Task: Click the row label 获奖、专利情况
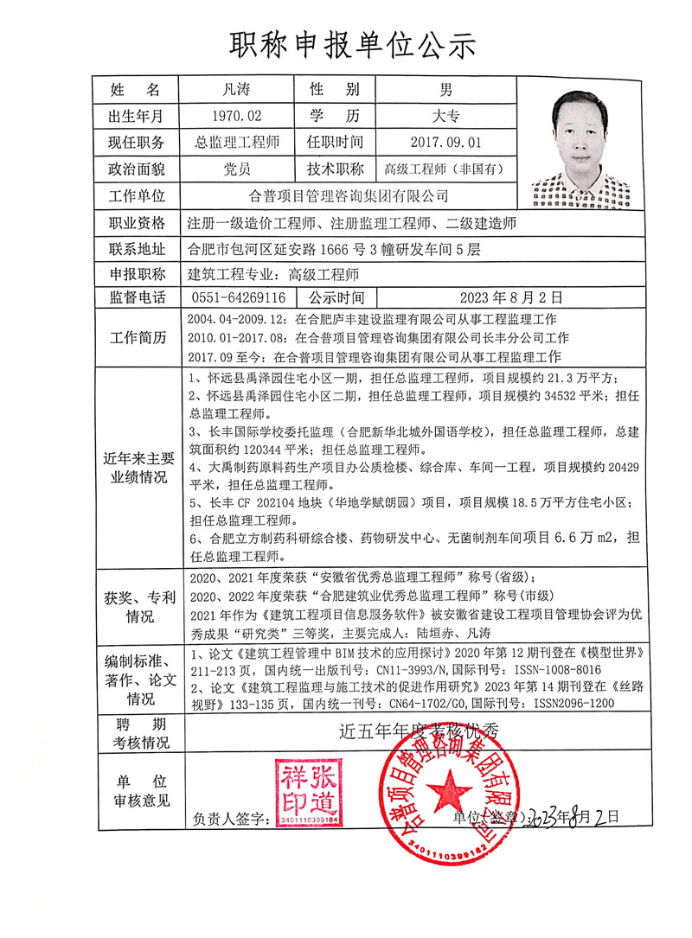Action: pyautogui.click(x=138, y=606)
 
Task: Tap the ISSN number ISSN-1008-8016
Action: pyautogui.click(x=547, y=669)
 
